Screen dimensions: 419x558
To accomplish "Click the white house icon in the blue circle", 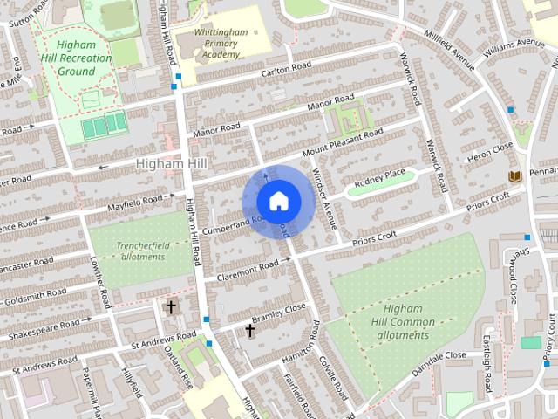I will click(x=278, y=201).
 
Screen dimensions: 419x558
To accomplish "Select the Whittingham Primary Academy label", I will click(x=210, y=42).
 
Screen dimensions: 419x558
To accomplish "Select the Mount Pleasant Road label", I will click(x=343, y=143).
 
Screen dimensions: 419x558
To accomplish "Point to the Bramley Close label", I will click(x=278, y=316).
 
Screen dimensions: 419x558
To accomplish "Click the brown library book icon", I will click(x=514, y=177).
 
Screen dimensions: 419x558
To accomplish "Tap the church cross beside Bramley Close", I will click(x=249, y=331).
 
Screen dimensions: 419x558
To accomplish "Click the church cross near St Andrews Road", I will click(x=171, y=306).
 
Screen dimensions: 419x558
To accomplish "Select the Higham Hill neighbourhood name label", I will click(x=171, y=164).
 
